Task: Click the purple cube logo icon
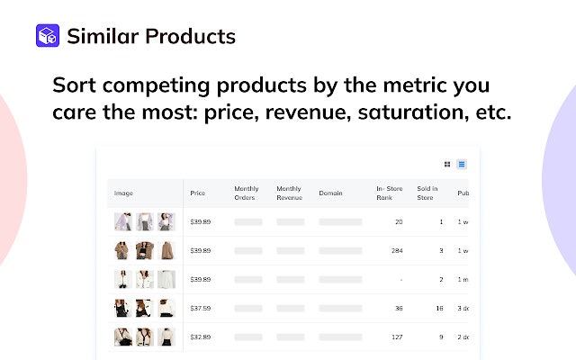[47, 36]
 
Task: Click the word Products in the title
[190, 36]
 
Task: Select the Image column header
[123, 193]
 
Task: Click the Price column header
[198, 193]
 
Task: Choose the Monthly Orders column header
[247, 193]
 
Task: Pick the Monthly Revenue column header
[290, 193]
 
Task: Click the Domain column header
[330, 193]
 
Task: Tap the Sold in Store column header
[427, 193]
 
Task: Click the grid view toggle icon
[447, 165]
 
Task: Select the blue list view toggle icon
[462, 165]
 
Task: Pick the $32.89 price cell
[200, 337]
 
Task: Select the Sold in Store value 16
[438, 308]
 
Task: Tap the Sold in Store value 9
[440, 337]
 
